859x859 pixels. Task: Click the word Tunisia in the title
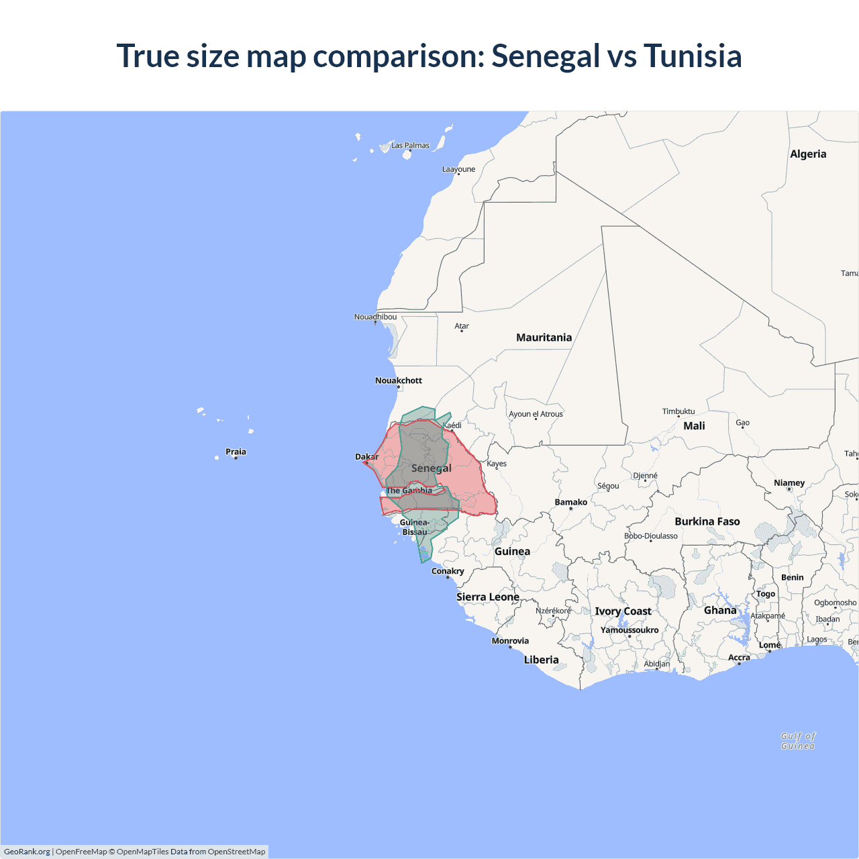[x=693, y=56]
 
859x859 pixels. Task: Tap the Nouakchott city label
[x=399, y=381]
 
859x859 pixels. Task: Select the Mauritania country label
[x=544, y=338]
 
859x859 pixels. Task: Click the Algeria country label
[x=808, y=154]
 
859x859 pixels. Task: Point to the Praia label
[x=236, y=452]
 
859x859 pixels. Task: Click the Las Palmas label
[x=410, y=146]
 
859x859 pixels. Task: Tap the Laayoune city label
[x=458, y=169]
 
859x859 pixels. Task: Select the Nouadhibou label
[x=375, y=317]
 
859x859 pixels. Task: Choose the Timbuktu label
[x=678, y=411]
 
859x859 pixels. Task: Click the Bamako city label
[x=570, y=502]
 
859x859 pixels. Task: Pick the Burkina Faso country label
[x=707, y=521]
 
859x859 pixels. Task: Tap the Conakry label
[x=448, y=571]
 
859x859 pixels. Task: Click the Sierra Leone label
[x=488, y=597]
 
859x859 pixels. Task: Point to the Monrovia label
[x=510, y=641]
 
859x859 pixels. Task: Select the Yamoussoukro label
[x=629, y=630]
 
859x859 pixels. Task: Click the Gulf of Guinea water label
[x=798, y=741]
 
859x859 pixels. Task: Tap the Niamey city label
[x=789, y=483]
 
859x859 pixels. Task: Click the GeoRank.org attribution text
[x=27, y=852]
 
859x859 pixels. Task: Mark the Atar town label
[x=462, y=326]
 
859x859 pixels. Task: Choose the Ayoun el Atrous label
[x=536, y=414]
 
